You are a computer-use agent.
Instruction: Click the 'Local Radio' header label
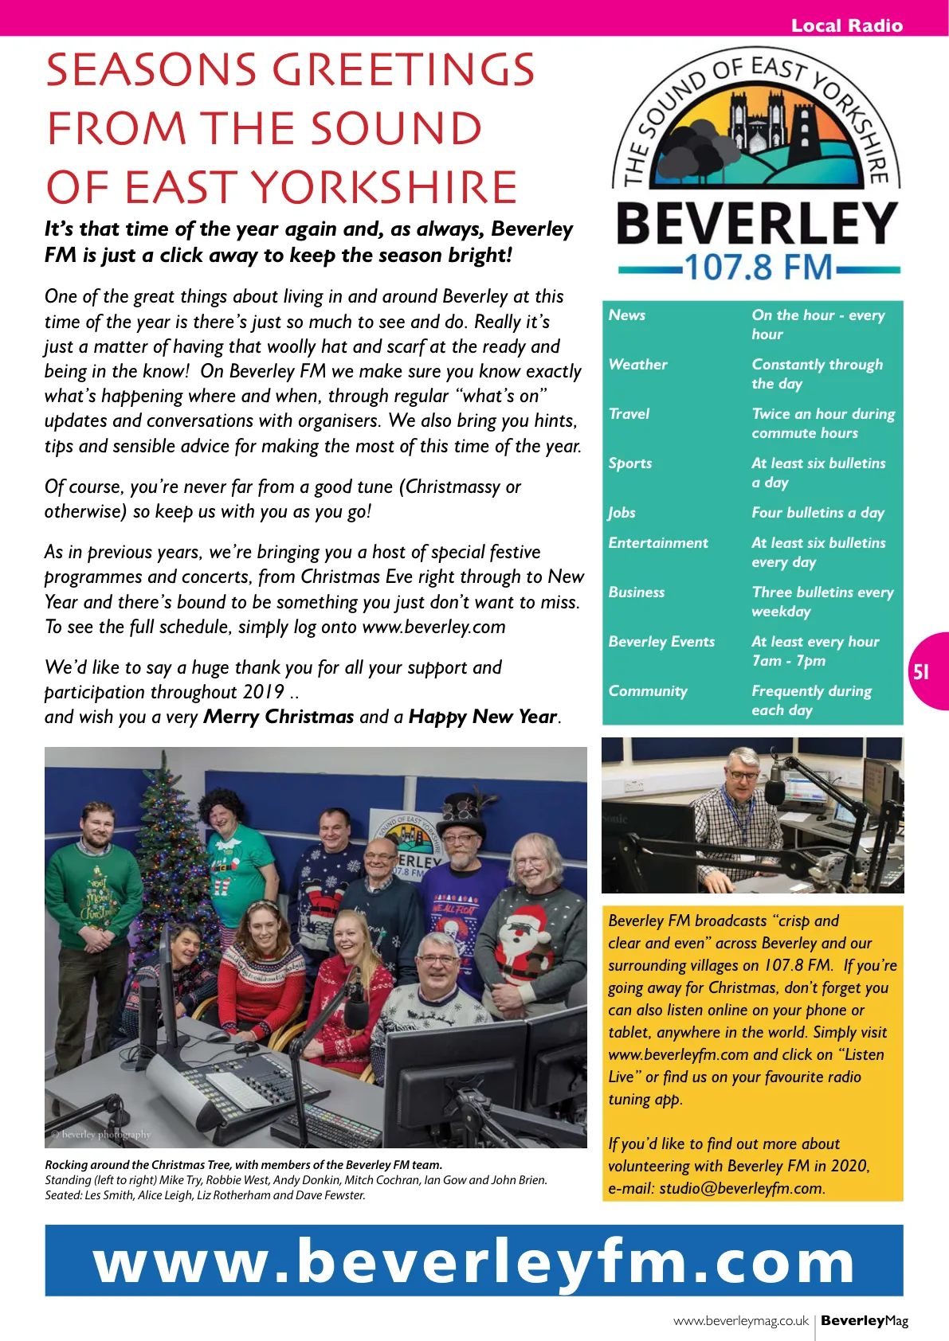pyautogui.click(x=846, y=25)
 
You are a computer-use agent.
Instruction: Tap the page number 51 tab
pyautogui.click(x=921, y=672)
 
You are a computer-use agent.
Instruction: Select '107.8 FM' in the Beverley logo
pyautogui.click(x=758, y=268)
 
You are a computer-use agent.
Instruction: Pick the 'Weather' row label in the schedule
pyautogui.click(x=637, y=365)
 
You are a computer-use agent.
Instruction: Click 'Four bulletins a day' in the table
pyautogui.click(x=818, y=513)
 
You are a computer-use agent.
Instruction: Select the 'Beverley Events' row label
pyautogui.click(x=661, y=642)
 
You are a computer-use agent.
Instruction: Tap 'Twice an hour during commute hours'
pyautogui.click(x=822, y=424)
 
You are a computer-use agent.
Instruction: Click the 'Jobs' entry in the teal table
pyautogui.click(x=622, y=513)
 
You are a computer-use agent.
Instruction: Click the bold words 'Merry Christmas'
pyautogui.click(x=278, y=717)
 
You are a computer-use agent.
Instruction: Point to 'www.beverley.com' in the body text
pyautogui.click(x=433, y=627)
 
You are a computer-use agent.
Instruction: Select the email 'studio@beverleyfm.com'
pyautogui.click(x=740, y=1188)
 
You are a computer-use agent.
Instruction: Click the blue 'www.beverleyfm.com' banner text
pyautogui.click(x=474, y=1261)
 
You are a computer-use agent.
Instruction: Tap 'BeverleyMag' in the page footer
pyautogui.click(x=865, y=1320)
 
